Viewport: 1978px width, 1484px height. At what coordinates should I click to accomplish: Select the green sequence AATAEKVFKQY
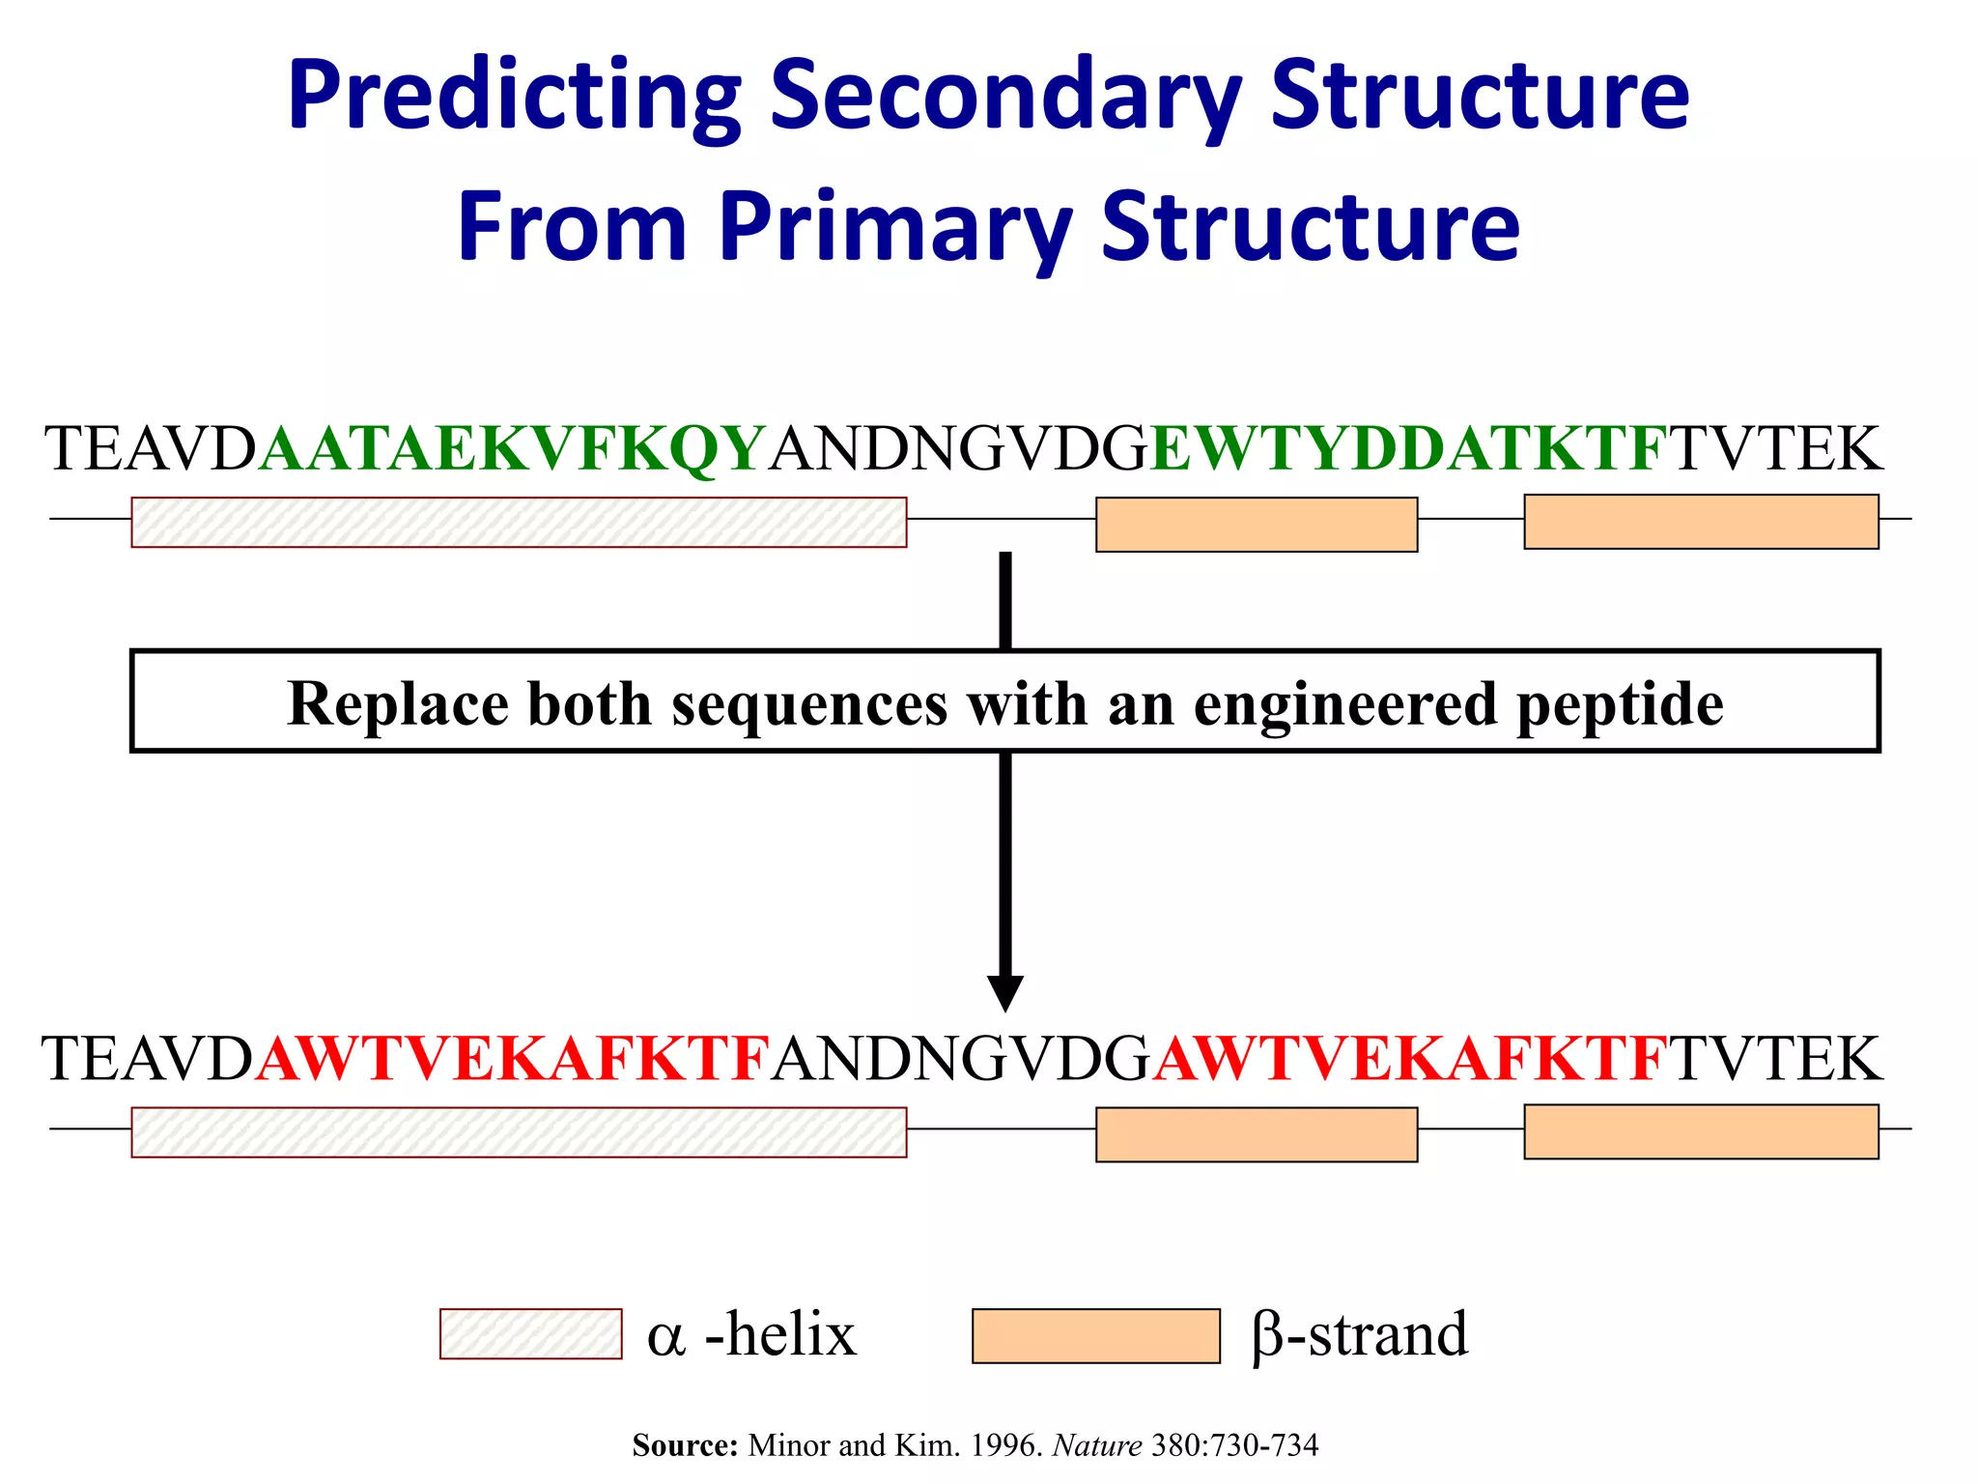tap(513, 449)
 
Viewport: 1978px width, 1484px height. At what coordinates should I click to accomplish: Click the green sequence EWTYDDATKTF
tap(1408, 449)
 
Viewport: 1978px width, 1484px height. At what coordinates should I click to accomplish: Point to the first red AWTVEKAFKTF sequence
tap(513, 1059)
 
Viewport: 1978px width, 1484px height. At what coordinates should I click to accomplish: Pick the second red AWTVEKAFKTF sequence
tap(1410, 1059)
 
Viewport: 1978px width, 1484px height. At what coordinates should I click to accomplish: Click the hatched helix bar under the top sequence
tap(519, 523)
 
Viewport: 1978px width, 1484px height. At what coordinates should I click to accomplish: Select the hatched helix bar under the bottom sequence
tap(519, 1132)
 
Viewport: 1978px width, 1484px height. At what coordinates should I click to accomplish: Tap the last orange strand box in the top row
tap(1701, 522)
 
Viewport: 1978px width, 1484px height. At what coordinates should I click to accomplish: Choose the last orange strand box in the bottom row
tap(1701, 1131)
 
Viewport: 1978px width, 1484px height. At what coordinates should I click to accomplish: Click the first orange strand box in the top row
tap(1256, 525)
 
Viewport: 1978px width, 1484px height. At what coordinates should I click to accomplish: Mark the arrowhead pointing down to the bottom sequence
tap(1004, 992)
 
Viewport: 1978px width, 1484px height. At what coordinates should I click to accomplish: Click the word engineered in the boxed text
tap(1345, 704)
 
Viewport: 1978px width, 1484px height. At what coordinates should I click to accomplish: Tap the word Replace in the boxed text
tap(397, 704)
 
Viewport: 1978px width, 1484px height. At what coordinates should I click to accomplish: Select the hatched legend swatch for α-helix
tap(530, 1334)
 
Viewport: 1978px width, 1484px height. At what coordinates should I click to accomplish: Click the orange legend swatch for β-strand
tap(1095, 1336)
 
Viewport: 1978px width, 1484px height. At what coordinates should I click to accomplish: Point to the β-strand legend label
tap(1359, 1335)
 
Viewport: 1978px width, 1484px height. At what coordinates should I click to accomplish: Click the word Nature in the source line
tap(1097, 1445)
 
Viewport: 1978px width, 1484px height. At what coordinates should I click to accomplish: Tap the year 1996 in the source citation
tap(1005, 1445)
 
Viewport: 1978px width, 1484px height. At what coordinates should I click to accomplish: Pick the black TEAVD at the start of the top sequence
tap(150, 449)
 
